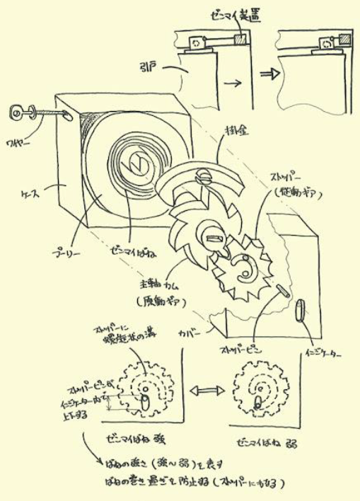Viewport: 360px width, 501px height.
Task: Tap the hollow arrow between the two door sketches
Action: [267, 73]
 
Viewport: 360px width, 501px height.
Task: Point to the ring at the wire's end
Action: [17, 110]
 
